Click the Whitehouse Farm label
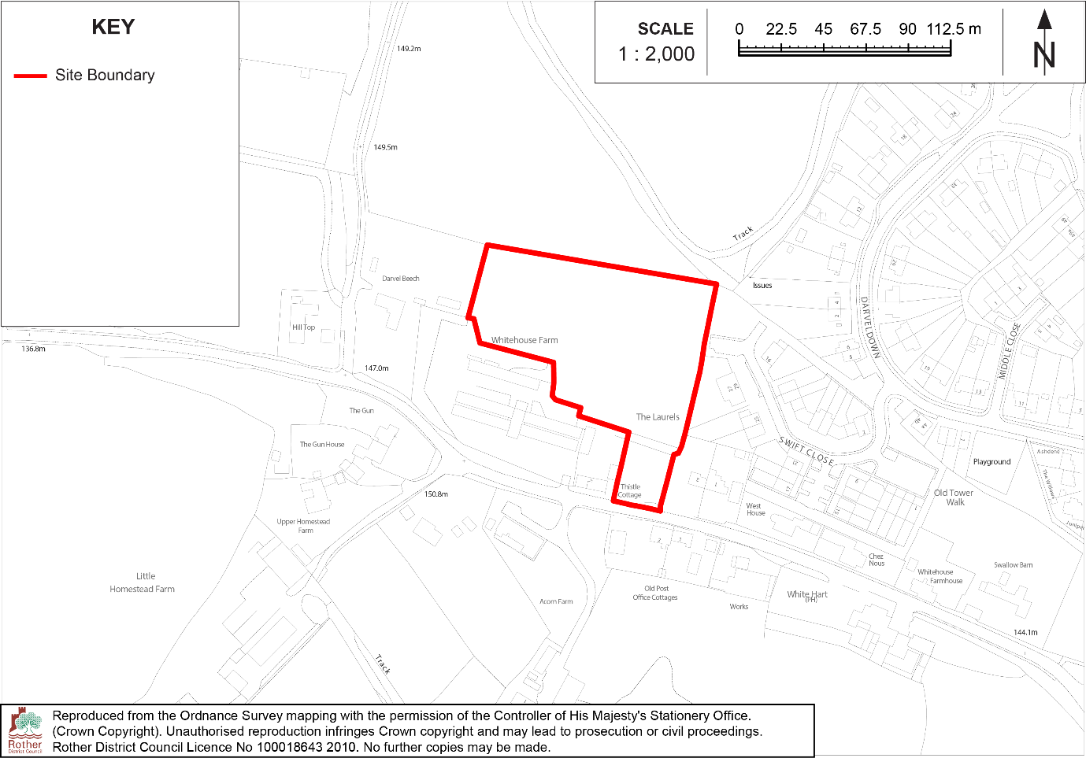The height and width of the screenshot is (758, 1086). [x=524, y=340]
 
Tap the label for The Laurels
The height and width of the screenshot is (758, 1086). [x=658, y=417]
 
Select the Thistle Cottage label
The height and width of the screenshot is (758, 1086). [x=630, y=490]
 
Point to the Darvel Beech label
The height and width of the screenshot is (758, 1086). [x=401, y=279]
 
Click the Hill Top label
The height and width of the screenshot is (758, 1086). [x=304, y=327]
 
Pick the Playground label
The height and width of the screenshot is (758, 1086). [x=991, y=462]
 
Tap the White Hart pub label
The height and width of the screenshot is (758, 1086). [x=807, y=595]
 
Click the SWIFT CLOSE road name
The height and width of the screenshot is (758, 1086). [x=806, y=451]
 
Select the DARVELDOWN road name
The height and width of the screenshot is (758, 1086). [x=869, y=327]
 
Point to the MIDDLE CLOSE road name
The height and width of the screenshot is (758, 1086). [x=1010, y=350]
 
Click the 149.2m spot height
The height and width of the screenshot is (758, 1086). [x=409, y=49]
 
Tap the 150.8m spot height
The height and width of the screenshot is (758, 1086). [x=436, y=494]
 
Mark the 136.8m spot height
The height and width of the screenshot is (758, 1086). [x=33, y=349]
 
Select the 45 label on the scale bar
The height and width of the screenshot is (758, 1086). [x=823, y=29]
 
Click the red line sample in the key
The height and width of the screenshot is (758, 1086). [x=31, y=76]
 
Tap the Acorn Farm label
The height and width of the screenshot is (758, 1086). [x=556, y=601]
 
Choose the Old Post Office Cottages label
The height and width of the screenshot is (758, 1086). [x=655, y=593]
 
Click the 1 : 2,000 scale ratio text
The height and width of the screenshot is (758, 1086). [x=657, y=54]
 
